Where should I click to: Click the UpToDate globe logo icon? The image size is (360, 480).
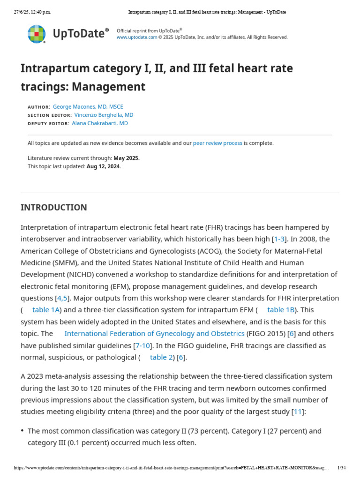[37, 34]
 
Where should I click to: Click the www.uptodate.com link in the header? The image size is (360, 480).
[137, 37]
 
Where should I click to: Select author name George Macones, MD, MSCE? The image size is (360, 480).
[88, 107]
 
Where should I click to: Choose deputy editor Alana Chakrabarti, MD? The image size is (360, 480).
[100, 124]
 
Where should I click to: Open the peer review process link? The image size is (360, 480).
[217, 143]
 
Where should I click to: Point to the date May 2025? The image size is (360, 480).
[127, 158]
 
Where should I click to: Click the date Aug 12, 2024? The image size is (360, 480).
[104, 166]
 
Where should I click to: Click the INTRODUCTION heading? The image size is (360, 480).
[54, 208]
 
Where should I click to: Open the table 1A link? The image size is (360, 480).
[46, 310]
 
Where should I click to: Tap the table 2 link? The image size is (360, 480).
[161, 357]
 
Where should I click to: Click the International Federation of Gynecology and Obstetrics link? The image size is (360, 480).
[154, 334]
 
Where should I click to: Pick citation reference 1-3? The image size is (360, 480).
[279, 239]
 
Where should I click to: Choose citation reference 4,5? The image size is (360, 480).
[62, 298]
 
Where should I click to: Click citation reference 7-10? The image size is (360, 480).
[142, 345]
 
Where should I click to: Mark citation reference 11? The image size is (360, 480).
[298, 412]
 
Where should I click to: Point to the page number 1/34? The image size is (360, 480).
[341, 468]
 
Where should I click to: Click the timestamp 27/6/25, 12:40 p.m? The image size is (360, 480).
[32, 12]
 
